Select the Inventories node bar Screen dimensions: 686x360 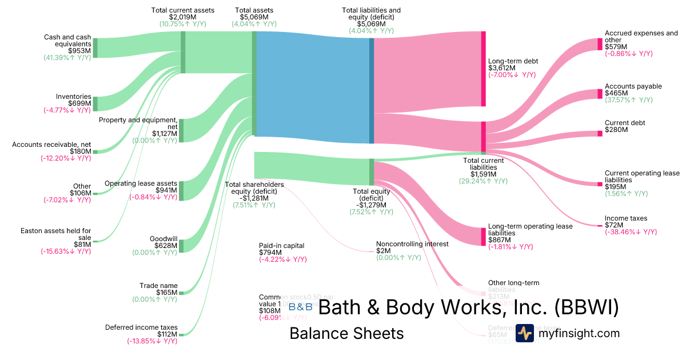click(x=95, y=103)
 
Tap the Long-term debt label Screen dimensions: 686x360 click(x=513, y=61)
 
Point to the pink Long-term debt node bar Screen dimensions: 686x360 click(x=483, y=69)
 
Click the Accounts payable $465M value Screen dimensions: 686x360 click(x=616, y=93)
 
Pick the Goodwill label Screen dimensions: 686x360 click(x=163, y=239)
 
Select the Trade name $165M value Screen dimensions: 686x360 click(x=166, y=293)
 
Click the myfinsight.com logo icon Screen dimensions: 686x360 click(x=524, y=333)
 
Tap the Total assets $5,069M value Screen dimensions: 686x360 click(x=254, y=18)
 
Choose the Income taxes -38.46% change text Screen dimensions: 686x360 click(x=631, y=232)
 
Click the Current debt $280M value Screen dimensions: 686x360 click(x=616, y=130)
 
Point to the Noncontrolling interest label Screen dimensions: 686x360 click(x=412, y=244)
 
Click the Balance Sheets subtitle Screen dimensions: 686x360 click(x=346, y=333)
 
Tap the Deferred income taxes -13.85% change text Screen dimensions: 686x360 click(x=152, y=341)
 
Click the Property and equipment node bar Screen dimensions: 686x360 click(x=181, y=130)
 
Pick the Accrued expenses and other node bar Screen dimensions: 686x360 click(x=600, y=44)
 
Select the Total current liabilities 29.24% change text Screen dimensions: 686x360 click(x=482, y=181)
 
